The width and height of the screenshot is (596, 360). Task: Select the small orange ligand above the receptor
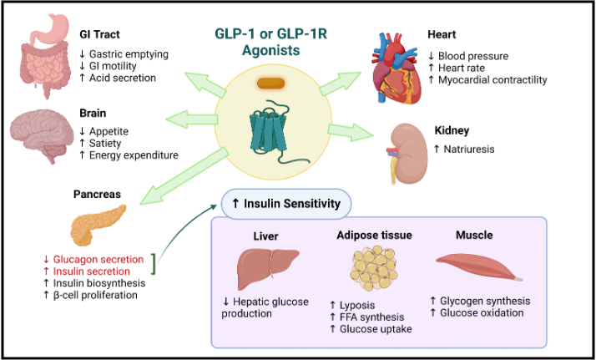click(271, 83)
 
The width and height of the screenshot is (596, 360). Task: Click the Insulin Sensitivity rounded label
click(285, 203)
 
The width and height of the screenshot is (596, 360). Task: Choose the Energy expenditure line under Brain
click(129, 155)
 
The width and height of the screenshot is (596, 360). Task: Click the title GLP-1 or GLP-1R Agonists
click(270, 42)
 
